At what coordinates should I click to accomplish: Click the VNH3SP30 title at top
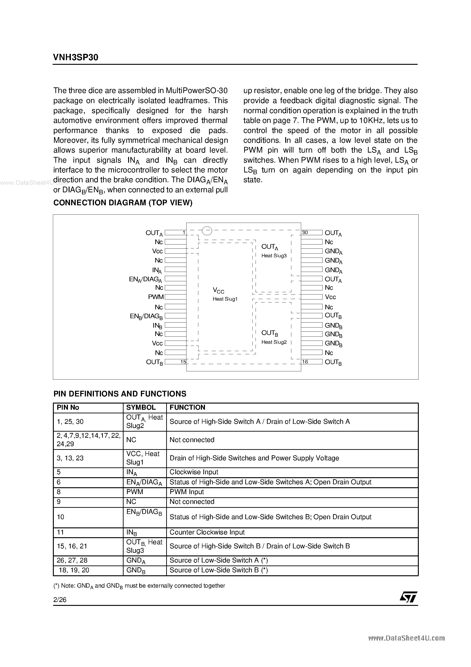click(x=76, y=57)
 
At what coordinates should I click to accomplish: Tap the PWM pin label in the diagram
click(x=156, y=297)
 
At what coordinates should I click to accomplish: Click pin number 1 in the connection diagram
click(x=184, y=232)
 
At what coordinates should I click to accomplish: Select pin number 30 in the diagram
click(x=305, y=232)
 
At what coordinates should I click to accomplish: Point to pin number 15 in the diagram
click(x=183, y=362)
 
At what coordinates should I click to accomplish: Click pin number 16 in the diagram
click(x=305, y=362)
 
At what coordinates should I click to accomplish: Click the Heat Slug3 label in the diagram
click(x=274, y=256)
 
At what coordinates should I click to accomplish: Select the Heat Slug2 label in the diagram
click(x=274, y=342)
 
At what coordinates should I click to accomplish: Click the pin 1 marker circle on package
click(x=207, y=231)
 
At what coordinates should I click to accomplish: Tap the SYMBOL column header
click(x=141, y=407)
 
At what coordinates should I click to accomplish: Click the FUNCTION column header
click(x=187, y=407)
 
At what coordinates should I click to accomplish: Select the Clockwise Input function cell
click(x=194, y=472)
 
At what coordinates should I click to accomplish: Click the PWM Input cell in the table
click(x=186, y=492)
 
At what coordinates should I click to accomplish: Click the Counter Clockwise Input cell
click(x=207, y=532)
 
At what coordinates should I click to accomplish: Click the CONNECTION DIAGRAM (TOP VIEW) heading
click(x=123, y=203)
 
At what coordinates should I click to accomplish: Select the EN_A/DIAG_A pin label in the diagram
click(x=145, y=279)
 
